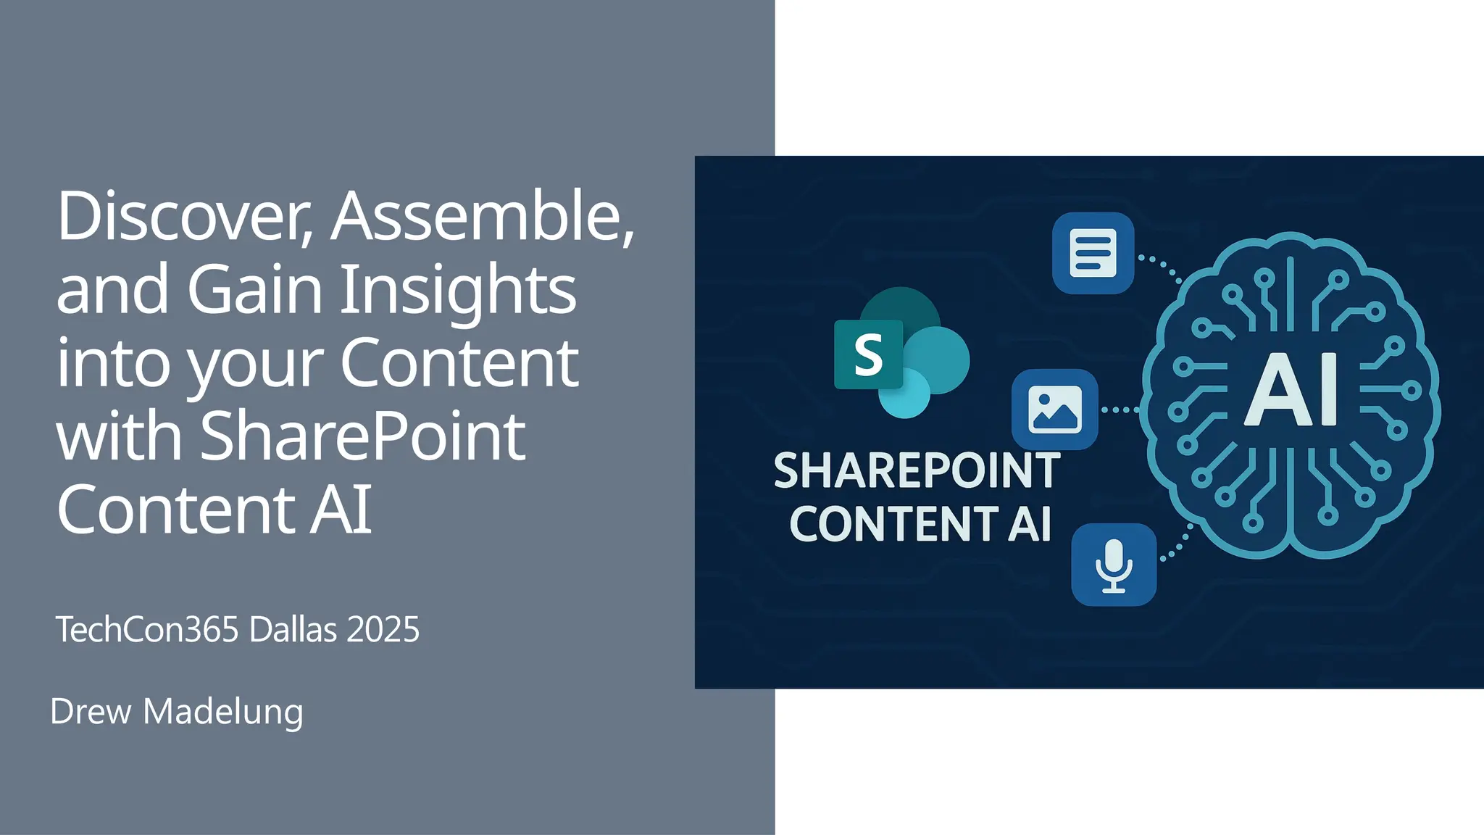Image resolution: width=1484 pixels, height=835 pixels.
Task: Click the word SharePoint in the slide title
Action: coord(362,436)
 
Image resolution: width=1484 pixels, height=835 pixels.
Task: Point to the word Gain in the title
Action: coord(254,290)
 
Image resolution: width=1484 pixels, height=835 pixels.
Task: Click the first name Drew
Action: coord(91,711)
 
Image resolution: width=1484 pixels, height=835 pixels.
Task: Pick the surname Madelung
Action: coord(223,713)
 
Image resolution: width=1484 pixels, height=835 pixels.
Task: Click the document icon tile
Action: coord(1093,253)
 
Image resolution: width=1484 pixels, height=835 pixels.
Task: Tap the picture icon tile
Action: coord(1054,410)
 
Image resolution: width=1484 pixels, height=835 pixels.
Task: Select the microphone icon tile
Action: coord(1114,565)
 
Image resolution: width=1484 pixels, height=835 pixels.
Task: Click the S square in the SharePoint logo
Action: coord(868,354)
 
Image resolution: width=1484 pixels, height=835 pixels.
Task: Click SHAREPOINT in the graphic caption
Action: coord(917,471)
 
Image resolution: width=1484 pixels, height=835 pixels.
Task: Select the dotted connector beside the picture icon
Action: coord(1120,410)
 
